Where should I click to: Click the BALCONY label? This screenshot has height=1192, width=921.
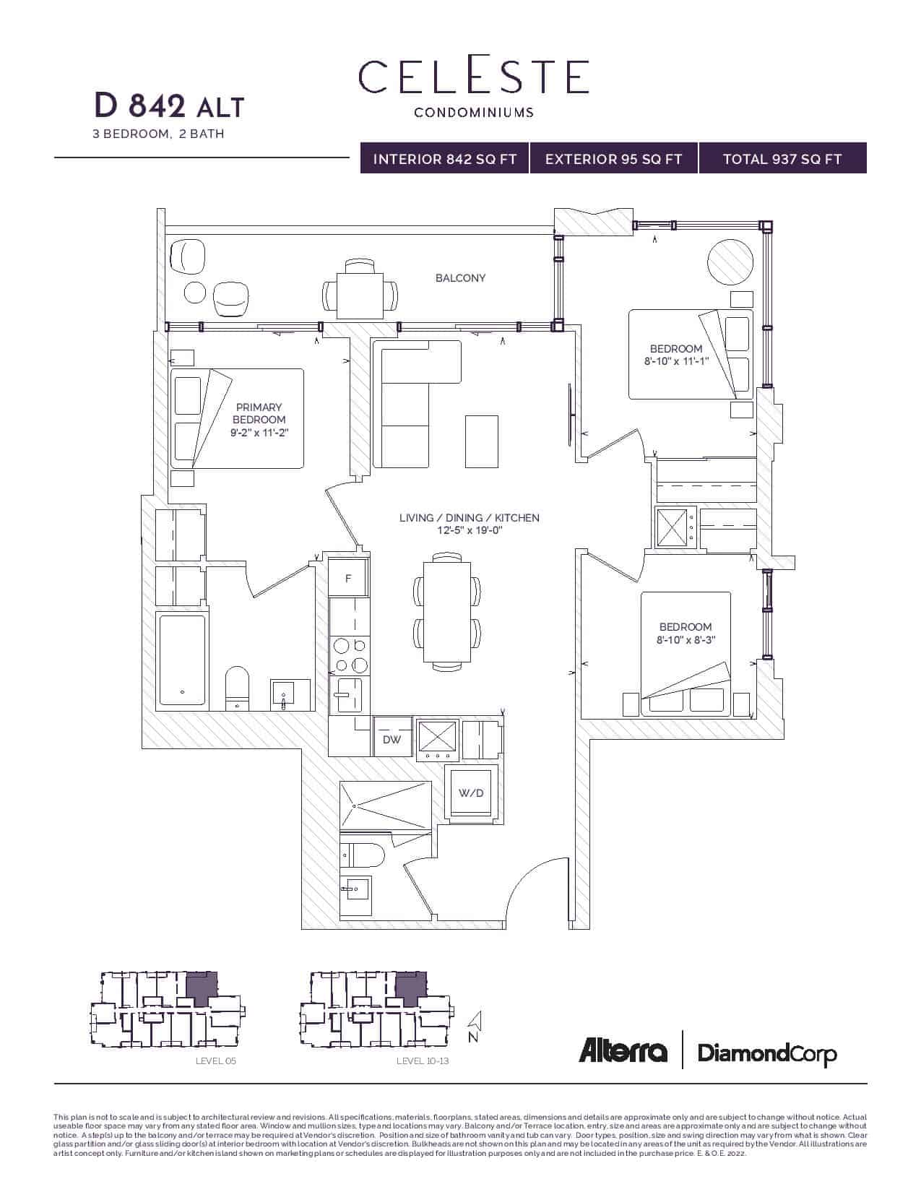click(460, 278)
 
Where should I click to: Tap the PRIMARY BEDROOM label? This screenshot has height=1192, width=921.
click(259, 413)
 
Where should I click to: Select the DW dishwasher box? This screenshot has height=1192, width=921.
click(392, 740)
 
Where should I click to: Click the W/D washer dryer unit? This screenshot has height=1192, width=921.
click(471, 793)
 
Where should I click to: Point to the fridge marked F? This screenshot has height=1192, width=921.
click(348, 579)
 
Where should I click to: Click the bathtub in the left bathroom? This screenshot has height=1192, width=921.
click(181, 660)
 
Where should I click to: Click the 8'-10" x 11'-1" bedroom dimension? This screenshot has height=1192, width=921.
click(676, 361)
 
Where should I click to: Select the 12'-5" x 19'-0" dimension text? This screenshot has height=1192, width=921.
click(469, 531)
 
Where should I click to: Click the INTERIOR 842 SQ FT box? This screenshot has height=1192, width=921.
click(444, 159)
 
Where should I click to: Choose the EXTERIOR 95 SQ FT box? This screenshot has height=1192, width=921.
click(613, 159)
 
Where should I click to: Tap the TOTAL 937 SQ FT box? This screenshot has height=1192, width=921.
click(782, 159)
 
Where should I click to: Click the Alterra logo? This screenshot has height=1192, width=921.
click(623, 1051)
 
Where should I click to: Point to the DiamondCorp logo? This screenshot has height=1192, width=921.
click(767, 1053)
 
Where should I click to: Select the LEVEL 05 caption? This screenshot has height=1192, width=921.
click(216, 1061)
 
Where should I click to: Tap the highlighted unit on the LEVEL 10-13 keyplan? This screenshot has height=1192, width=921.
click(410, 988)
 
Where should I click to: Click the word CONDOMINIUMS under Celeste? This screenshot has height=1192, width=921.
click(474, 113)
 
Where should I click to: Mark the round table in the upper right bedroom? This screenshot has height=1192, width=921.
click(731, 262)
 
